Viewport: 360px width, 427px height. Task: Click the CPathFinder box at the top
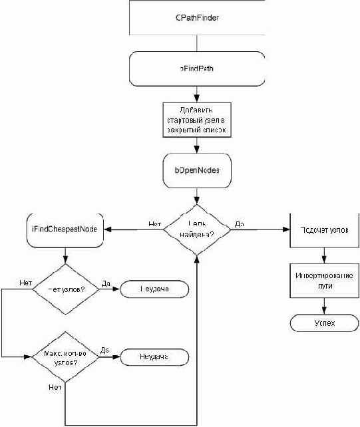(197, 17)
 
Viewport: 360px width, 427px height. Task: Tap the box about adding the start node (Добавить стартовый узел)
(197, 120)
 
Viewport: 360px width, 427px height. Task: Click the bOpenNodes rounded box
(197, 170)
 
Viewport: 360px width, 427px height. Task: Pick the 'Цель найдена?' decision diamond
(197, 229)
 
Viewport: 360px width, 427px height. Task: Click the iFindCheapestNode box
(65, 229)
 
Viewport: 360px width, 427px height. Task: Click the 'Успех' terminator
(324, 323)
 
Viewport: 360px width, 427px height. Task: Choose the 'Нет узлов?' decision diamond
(65, 290)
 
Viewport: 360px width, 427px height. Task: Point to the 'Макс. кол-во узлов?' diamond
(65, 356)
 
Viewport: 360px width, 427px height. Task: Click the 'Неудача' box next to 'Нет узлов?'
(154, 290)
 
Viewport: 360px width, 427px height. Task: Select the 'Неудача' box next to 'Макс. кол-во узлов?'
(154, 356)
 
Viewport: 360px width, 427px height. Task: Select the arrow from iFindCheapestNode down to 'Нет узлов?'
(65, 255)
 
